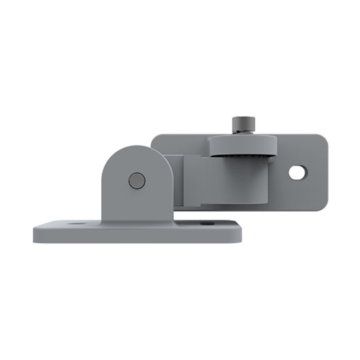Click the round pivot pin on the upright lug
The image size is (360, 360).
click(x=136, y=180)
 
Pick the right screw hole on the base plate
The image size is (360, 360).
click(x=206, y=223)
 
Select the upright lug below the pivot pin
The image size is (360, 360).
click(x=135, y=205)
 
